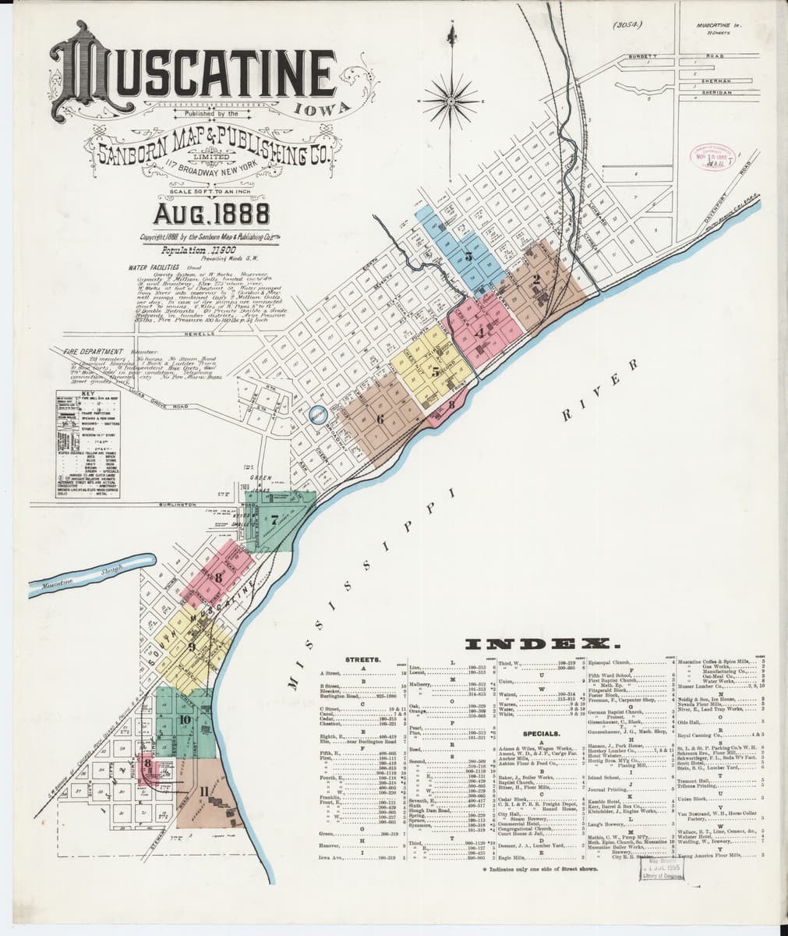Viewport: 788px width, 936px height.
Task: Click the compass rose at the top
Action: pos(451,99)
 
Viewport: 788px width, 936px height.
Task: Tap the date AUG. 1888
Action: pos(211,212)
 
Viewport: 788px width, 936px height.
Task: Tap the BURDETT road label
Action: pos(644,56)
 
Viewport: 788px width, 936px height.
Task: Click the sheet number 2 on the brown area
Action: pos(536,279)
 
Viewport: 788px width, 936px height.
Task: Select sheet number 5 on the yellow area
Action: pos(436,373)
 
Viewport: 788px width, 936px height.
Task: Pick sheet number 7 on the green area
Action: pos(274,519)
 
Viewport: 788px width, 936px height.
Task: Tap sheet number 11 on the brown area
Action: pos(203,794)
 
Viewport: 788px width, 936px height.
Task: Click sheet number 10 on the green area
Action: pos(185,719)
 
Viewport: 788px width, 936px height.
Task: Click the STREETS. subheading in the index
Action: pos(362,660)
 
